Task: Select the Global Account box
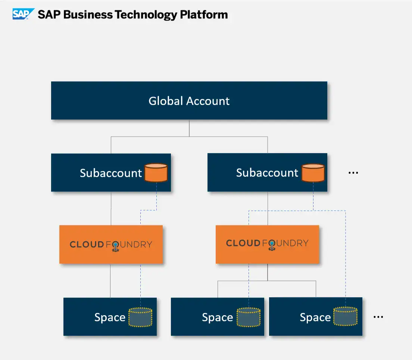pyautogui.click(x=189, y=101)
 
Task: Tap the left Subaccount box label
pyautogui.click(x=111, y=173)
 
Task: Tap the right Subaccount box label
pyautogui.click(x=267, y=173)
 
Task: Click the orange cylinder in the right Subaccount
pyautogui.click(x=313, y=173)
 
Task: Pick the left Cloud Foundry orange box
pyautogui.click(x=111, y=245)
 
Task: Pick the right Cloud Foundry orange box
pyautogui.click(x=267, y=243)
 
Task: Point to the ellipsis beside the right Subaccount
pyautogui.click(x=353, y=173)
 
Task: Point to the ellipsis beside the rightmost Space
pyautogui.click(x=378, y=317)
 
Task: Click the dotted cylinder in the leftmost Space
pyautogui.click(x=140, y=317)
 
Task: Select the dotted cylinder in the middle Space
pyautogui.click(x=249, y=317)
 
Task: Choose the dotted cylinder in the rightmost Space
pyautogui.click(x=345, y=317)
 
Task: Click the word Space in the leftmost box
pyautogui.click(x=110, y=317)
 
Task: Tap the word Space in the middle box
pyautogui.click(x=217, y=317)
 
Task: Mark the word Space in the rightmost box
pyautogui.click(x=315, y=317)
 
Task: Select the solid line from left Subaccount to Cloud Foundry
pyautogui.click(x=111, y=208)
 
